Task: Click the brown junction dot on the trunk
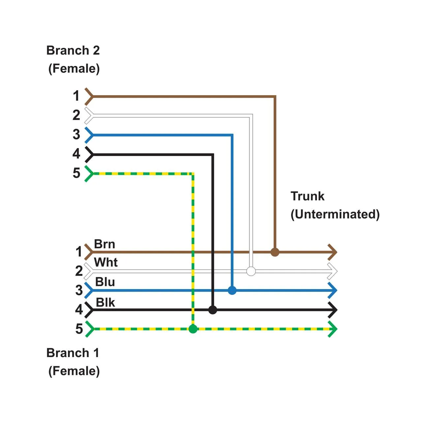275,252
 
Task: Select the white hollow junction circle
251,271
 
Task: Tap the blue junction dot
232,290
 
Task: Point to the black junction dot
213,310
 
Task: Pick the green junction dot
193,329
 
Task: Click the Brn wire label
105,244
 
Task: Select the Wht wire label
106,262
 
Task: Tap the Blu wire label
105,282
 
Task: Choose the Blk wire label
105,302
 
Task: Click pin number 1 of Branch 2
76,96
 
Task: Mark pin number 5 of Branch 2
76,173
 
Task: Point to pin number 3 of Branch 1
79,290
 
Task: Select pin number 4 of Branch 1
79,310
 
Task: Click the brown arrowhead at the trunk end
333,252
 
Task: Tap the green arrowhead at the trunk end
333,329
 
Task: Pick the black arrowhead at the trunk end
333,310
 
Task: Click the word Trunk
307,196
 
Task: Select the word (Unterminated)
335,214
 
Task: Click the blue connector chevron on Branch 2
89,135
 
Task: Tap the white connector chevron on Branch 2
89,115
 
